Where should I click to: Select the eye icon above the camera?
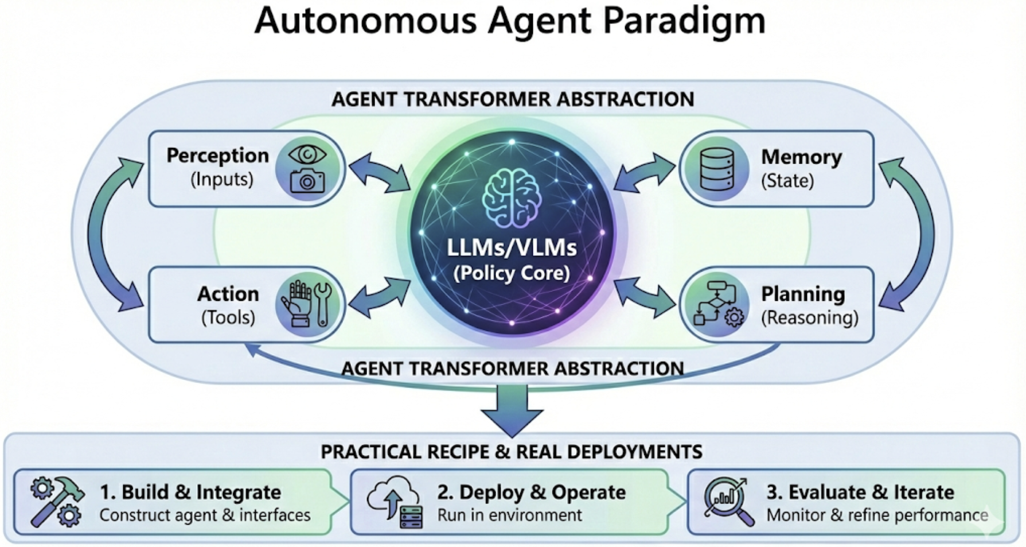tap(307, 154)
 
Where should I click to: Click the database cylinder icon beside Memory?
tap(717, 169)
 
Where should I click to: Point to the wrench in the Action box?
tap(323, 304)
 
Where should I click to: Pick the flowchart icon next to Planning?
tap(717, 304)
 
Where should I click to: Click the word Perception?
tap(217, 156)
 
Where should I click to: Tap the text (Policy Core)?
tap(512, 273)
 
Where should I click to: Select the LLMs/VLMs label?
tap(512, 248)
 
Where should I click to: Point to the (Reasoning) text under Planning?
tap(809, 317)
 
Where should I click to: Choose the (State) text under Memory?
tap(787, 181)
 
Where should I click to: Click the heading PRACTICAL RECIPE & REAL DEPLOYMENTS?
tap(511, 452)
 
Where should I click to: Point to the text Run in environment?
tap(509, 515)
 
